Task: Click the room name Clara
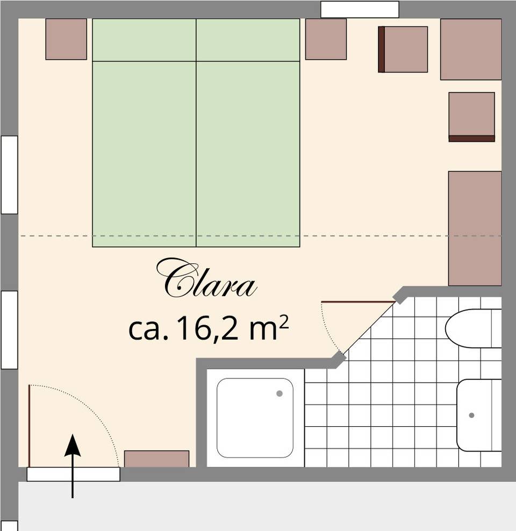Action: point(206,278)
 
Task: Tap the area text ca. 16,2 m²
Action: point(209,328)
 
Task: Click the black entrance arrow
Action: point(73,466)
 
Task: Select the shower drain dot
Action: point(279,393)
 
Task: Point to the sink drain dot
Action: point(471,415)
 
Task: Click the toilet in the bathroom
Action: point(474,328)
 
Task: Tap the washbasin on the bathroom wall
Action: point(479,415)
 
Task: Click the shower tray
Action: point(255,418)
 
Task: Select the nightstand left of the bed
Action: point(66,39)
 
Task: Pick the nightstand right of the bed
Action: point(326,39)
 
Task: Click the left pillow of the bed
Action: point(144,40)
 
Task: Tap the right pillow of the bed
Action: point(248,40)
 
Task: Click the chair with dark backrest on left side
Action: point(403,49)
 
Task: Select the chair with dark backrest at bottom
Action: point(471,117)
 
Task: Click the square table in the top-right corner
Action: point(471,49)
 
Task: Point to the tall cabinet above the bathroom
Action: point(475,228)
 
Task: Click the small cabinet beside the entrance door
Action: point(157,459)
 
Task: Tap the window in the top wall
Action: point(360,9)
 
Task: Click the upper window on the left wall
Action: point(9,175)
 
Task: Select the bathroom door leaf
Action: point(358,302)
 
